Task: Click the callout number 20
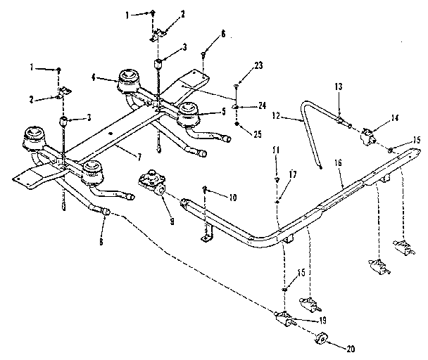(x=351, y=349)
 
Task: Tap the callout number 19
(x=322, y=320)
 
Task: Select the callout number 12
(x=276, y=116)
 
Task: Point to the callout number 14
(x=394, y=118)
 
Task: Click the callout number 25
(x=258, y=134)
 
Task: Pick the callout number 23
(x=258, y=65)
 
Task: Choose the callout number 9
(x=172, y=221)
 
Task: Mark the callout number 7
(x=139, y=157)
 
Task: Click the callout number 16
(x=338, y=163)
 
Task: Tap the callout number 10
(x=233, y=197)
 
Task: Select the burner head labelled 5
(x=189, y=113)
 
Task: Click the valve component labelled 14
(x=368, y=136)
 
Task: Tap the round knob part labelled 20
(x=321, y=339)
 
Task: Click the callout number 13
(x=339, y=86)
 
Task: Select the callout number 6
(x=223, y=34)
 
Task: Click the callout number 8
(x=101, y=241)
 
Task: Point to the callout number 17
(x=293, y=174)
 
